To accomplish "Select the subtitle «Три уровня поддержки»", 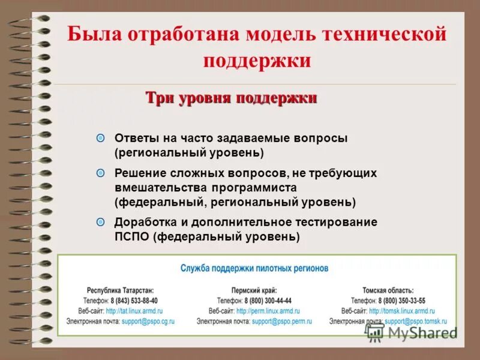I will [x=232, y=98].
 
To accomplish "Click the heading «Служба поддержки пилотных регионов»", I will [x=254, y=268].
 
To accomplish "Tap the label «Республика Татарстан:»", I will [x=121, y=290].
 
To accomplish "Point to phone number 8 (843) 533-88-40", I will [x=134, y=301].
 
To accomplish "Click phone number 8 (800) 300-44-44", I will [x=268, y=301].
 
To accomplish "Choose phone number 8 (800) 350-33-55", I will [x=401, y=301].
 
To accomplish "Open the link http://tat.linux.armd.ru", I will [x=139, y=311].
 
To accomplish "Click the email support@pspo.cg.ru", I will [x=147, y=322].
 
